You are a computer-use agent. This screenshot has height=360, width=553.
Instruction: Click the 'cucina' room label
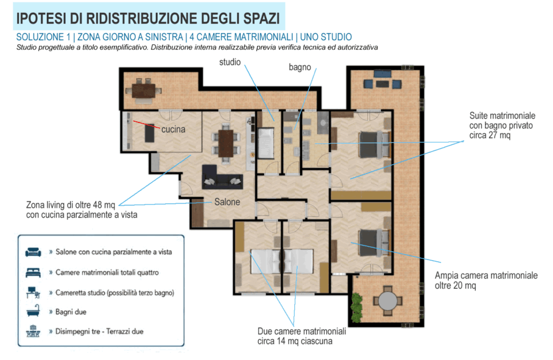click(x=173, y=129)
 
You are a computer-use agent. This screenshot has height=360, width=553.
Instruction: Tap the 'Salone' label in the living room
click(x=227, y=202)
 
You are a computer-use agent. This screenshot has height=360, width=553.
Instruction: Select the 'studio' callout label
click(x=230, y=62)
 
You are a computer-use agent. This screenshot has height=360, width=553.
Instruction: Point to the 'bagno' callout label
click(x=300, y=68)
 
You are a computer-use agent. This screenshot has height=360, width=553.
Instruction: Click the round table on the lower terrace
click(x=387, y=300)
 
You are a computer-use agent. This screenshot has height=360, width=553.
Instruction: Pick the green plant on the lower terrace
click(x=357, y=307)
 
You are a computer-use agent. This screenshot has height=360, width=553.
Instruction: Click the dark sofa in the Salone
click(x=222, y=177)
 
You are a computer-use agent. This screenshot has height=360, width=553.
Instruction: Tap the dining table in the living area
click(x=226, y=144)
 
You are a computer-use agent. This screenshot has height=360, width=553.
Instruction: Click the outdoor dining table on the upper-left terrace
click(x=144, y=91)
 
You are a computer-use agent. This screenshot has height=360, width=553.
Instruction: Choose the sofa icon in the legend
click(x=33, y=252)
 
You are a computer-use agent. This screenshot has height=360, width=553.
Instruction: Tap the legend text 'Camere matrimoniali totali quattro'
click(x=107, y=272)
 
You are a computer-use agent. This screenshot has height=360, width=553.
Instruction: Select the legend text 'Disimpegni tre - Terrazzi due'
click(x=99, y=331)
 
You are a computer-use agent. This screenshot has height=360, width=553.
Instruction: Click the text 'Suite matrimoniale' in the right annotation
click(x=502, y=116)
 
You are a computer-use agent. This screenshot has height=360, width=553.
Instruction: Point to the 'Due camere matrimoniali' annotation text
click(x=301, y=331)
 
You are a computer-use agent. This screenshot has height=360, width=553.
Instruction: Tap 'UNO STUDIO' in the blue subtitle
click(x=326, y=37)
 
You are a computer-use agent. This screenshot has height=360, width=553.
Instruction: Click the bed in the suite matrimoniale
click(x=375, y=144)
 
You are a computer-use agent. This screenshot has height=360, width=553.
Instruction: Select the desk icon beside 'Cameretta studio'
click(x=33, y=292)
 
